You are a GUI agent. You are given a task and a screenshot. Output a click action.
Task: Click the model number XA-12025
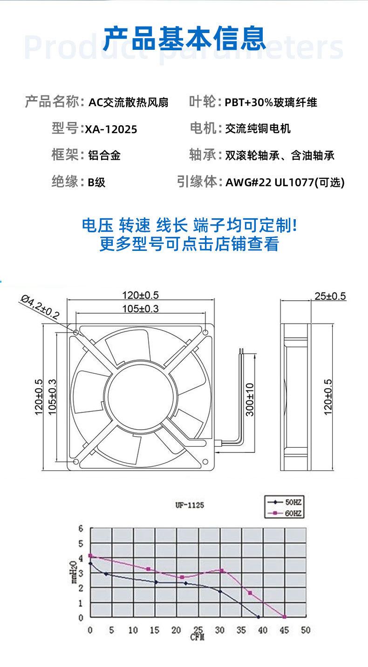point(111,129)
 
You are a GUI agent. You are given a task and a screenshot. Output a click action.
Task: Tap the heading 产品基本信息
point(184,38)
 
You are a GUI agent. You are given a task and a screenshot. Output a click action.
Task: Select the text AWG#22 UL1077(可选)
point(285,182)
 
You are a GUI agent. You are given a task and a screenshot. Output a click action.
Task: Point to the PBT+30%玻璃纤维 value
point(271,102)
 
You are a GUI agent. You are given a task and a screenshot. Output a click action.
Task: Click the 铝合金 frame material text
point(104,155)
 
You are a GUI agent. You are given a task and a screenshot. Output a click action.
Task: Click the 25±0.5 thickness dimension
point(330,296)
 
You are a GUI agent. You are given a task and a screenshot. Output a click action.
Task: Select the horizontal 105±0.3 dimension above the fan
point(140,308)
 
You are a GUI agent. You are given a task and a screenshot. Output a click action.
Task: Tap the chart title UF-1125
point(189,505)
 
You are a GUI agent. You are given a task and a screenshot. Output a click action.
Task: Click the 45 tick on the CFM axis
point(284,630)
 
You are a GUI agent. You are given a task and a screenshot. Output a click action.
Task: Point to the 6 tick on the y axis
point(80,529)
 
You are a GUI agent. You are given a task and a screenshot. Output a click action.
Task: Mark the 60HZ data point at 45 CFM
point(284,617)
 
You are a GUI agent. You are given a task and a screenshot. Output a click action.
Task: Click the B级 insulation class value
point(96,182)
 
